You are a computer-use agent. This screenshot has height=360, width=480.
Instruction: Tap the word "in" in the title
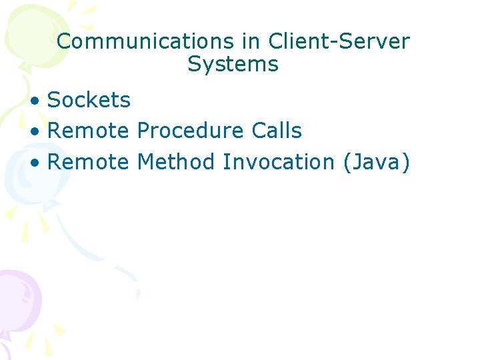click(x=251, y=41)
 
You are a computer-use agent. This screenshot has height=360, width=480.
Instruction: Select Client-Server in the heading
click(x=339, y=41)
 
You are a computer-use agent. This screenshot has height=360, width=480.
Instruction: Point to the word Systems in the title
click(x=233, y=65)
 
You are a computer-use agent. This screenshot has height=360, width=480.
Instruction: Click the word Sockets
click(x=89, y=100)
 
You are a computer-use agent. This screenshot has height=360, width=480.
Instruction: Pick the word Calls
click(x=277, y=131)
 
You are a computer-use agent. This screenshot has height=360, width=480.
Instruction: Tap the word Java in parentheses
click(x=375, y=162)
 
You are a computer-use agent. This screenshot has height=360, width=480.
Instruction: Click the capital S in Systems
click(x=194, y=65)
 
